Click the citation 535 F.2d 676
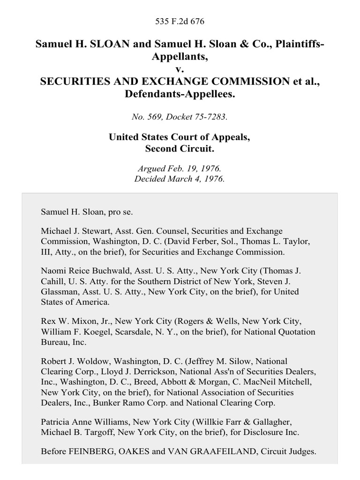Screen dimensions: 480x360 pyautogui.click(x=180, y=22)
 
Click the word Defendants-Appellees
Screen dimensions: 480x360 pyautogui.click(x=180, y=94)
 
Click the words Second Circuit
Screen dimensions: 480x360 pyautogui.click(x=180, y=149)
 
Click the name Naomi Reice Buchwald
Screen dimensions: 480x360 pyautogui.click(x=77, y=272)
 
